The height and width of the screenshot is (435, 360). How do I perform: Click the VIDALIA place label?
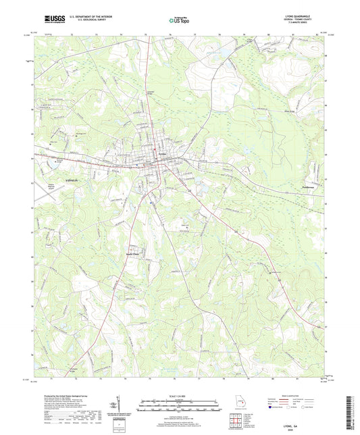click(x=56, y=182)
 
